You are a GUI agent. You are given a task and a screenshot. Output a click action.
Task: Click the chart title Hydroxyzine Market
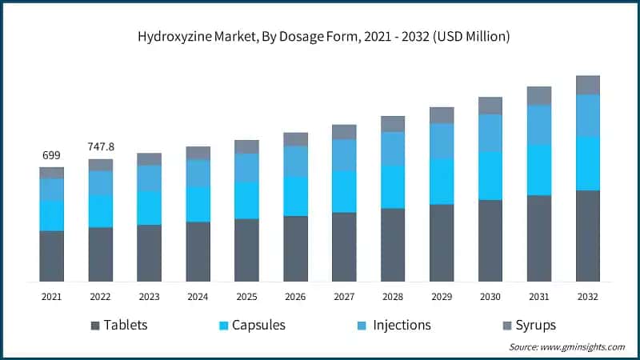pos(319,37)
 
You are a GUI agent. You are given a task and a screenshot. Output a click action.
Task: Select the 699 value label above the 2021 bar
pos(52,154)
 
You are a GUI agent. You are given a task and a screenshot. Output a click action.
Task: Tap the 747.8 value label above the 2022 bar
pos(101,146)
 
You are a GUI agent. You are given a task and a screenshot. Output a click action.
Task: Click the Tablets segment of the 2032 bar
pos(588,236)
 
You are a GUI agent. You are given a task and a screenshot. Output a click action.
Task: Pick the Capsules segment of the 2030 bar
pos(490,176)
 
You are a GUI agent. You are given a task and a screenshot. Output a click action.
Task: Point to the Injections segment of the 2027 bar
pos(344,155)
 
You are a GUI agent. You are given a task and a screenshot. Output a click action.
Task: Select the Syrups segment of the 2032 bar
pos(588,85)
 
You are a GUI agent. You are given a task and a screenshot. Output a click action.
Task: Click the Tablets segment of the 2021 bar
pos(52,256)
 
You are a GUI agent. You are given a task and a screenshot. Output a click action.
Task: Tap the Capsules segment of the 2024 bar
pos(198,204)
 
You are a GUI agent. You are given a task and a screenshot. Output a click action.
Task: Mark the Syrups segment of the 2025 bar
pos(247,146)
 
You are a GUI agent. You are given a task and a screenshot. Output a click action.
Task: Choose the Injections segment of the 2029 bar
pos(442,141)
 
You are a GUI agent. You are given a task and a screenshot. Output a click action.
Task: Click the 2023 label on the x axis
pos(150,297)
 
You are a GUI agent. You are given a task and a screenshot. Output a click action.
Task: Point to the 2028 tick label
pos(393,297)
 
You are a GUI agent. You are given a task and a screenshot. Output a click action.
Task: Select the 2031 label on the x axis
pos(539,297)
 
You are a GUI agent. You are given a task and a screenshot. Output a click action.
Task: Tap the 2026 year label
pos(295,297)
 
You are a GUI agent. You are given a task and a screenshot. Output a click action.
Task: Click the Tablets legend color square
pos(96,326)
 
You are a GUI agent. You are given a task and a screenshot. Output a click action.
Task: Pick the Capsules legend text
pos(258,326)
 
